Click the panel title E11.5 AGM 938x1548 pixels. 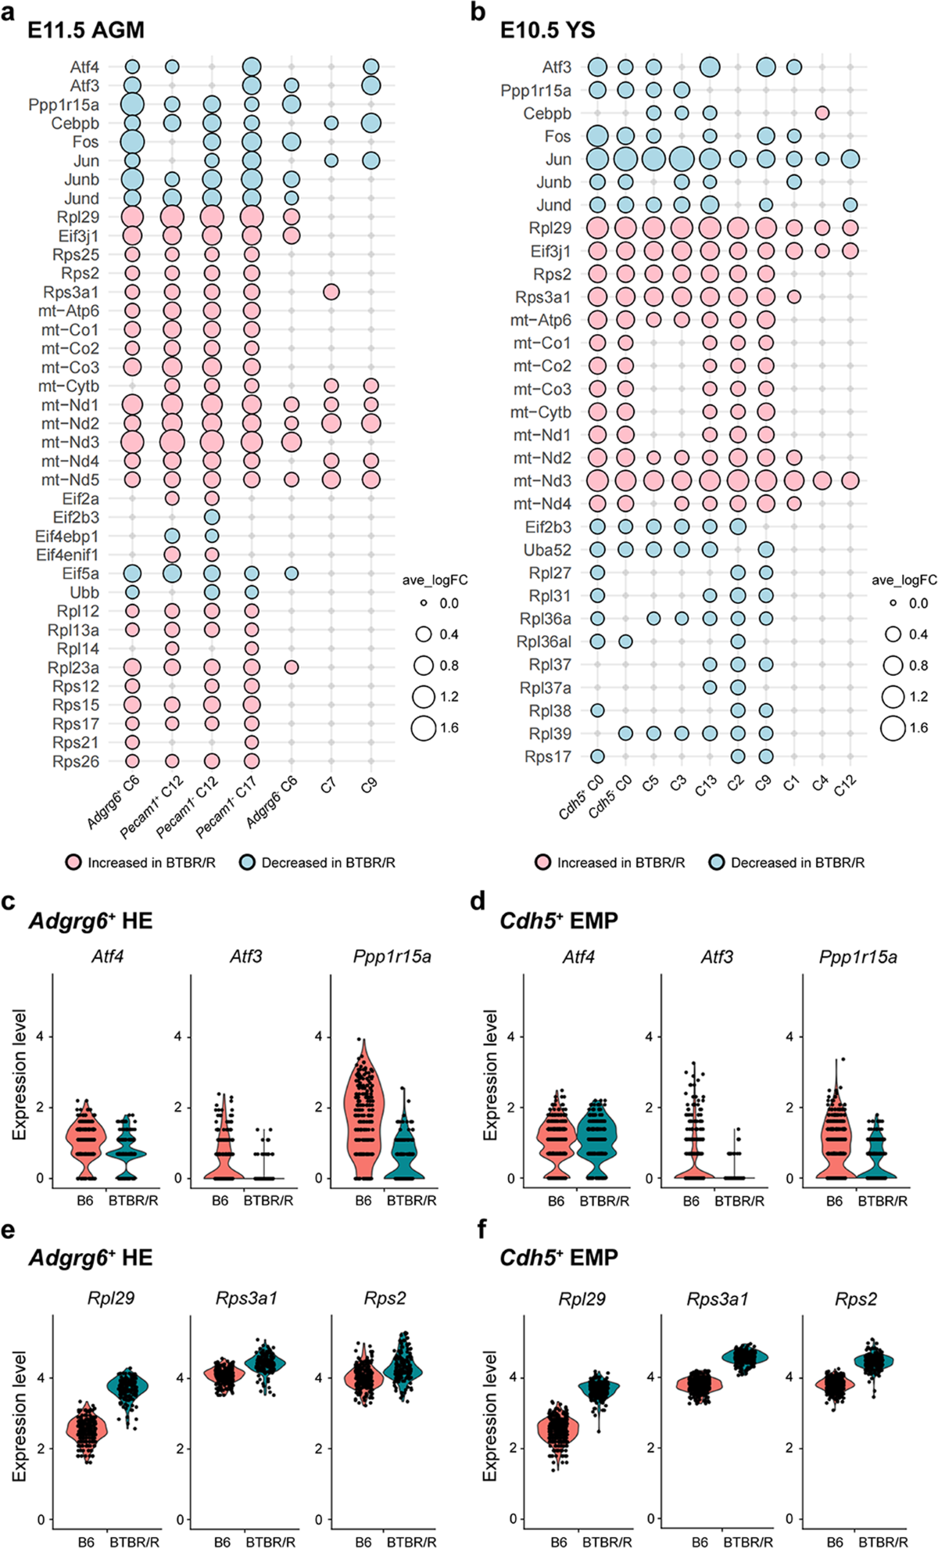(x=85, y=31)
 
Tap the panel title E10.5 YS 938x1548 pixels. (x=547, y=31)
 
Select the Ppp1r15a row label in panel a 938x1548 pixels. (x=64, y=105)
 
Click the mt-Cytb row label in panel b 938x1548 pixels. (x=541, y=412)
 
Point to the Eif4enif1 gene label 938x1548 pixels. (x=67, y=555)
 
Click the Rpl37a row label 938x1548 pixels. (x=546, y=688)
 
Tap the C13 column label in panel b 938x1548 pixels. (x=707, y=785)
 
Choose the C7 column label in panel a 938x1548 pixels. (x=328, y=785)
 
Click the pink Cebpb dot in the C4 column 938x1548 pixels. (x=822, y=113)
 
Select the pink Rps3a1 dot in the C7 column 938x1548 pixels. (x=331, y=292)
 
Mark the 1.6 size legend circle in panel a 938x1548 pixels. (x=424, y=727)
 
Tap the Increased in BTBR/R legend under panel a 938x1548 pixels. (x=141, y=863)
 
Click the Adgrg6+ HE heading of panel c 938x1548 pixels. (x=91, y=921)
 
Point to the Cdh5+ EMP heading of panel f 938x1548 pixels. (x=559, y=1258)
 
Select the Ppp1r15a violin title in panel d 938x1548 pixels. (x=858, y=957)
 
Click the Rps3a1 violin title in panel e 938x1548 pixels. (x=246, y=1298)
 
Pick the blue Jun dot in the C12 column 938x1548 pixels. (x=850, y=160)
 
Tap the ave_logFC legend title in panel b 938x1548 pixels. (x=904, y=580)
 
